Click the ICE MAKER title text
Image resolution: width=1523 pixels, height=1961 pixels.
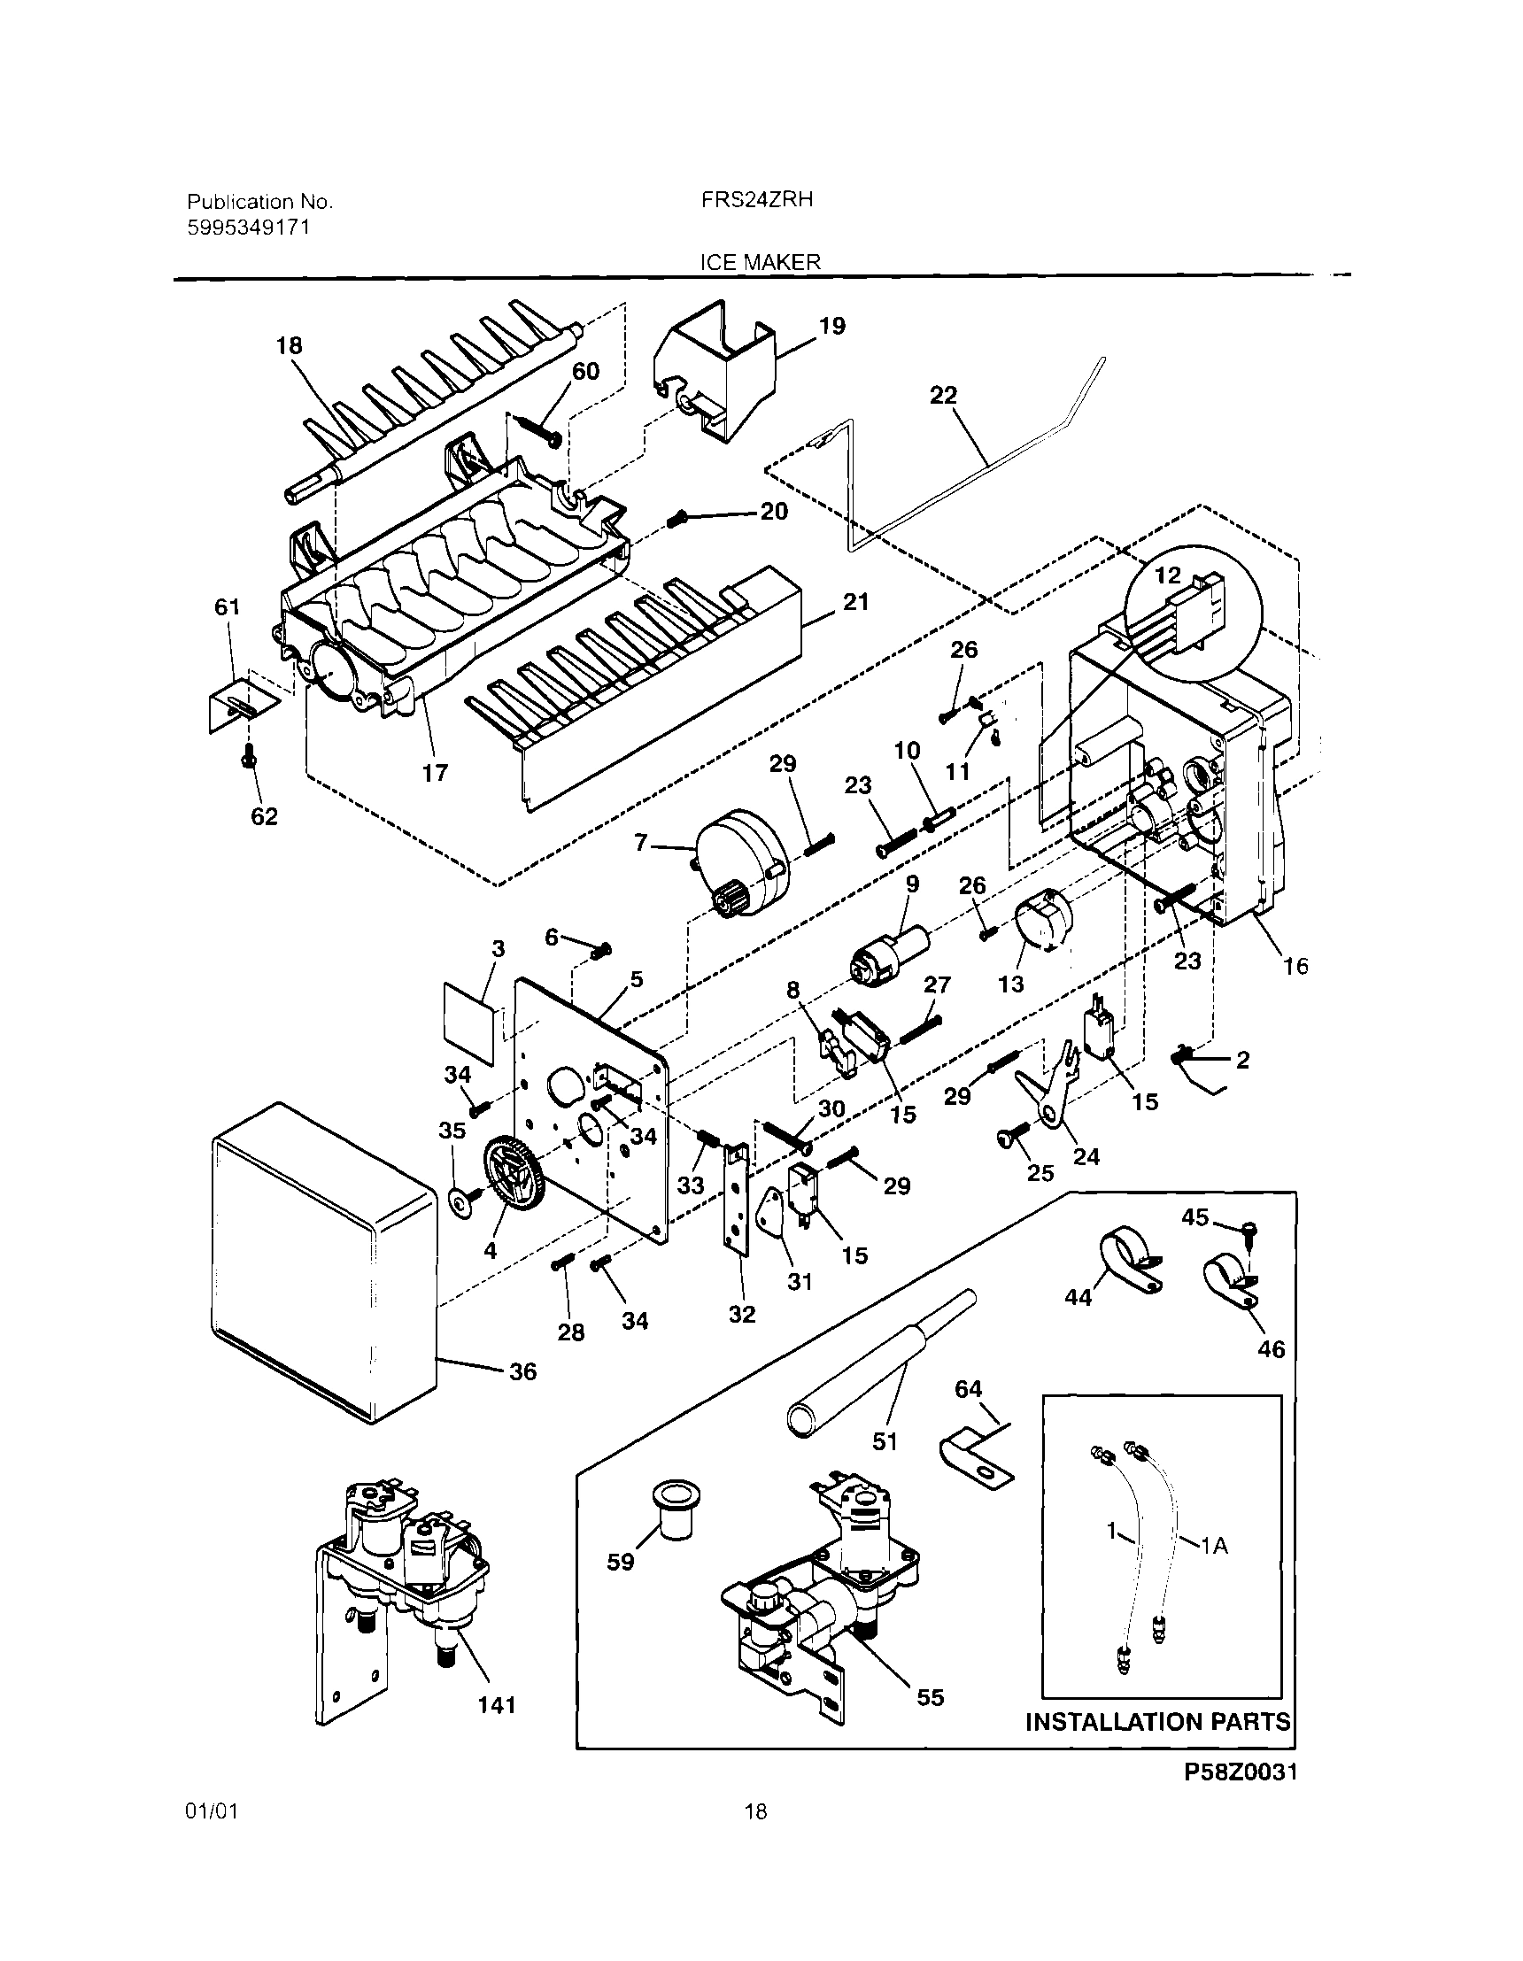click(760, 262)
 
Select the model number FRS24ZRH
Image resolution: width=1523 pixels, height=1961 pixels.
click(757, 199)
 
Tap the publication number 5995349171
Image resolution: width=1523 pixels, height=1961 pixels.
click(248, 228)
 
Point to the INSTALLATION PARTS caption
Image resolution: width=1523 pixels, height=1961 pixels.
click(1157, 1721)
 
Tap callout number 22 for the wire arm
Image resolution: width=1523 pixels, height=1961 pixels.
click(943, 395)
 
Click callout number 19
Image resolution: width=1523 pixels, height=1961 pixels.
click(832, 326)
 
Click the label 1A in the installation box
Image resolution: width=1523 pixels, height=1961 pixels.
click(1213, 1545)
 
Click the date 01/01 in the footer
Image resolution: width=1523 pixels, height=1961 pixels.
click(212, 1811)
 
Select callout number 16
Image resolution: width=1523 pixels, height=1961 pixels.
click(1295, 966)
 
